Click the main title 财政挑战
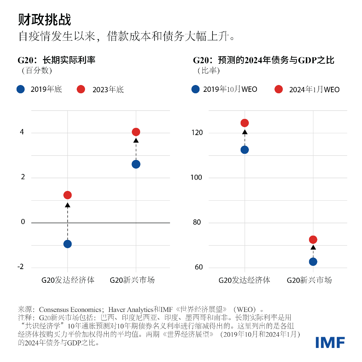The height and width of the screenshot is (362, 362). point(45,20)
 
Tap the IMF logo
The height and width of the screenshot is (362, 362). point(330,342)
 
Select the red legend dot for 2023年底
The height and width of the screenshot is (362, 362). point(81,89)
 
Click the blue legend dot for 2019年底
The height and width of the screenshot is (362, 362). point(21,89)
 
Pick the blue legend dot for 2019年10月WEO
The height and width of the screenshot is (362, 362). point(195,89)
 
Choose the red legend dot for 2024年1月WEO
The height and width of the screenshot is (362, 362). point(278,89)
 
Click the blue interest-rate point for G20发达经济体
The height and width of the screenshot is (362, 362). point(67,244)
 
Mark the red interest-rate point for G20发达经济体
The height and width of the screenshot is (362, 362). point(67,195)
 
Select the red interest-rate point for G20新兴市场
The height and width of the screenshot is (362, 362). point(136,132)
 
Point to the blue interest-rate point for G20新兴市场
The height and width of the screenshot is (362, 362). point(136,164)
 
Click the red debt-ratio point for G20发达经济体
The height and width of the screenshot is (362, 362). point(245,123)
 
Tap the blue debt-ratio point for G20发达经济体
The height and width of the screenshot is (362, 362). point(245,150)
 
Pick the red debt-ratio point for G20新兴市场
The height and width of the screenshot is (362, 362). point(313,240)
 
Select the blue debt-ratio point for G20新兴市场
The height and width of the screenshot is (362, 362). point(313,262)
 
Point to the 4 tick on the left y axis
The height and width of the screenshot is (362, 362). point(22,133)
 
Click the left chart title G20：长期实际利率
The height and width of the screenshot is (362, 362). point(57,60)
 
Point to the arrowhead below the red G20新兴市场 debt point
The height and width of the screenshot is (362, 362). point(313,247)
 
